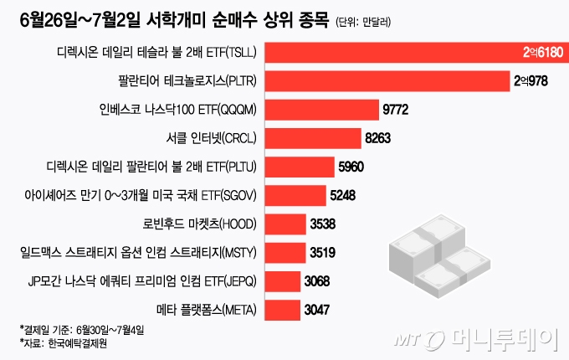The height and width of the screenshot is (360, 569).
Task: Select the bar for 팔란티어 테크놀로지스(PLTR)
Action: pyautogui.click(x=385, y=81)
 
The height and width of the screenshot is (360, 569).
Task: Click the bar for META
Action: pyautogui.click(x=279, y=310)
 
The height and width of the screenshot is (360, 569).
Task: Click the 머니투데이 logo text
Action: pyautogui.click(x=502, y=339)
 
